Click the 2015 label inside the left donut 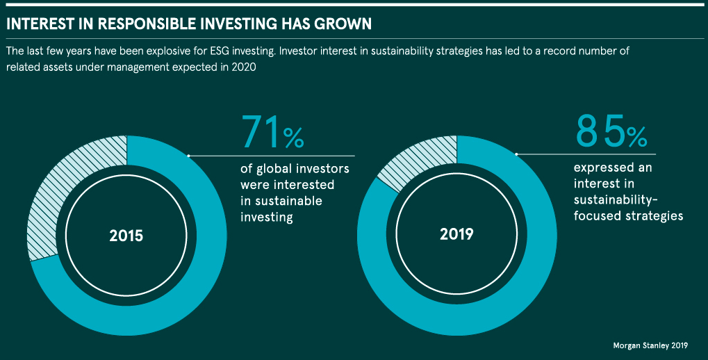tap(126, 236)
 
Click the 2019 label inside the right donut tap(456, 234)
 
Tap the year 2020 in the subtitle tap(244, 67)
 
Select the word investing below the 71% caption tap(267, 218)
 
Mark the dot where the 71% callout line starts tap(189, 156)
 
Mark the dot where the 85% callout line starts tap(516, 154)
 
